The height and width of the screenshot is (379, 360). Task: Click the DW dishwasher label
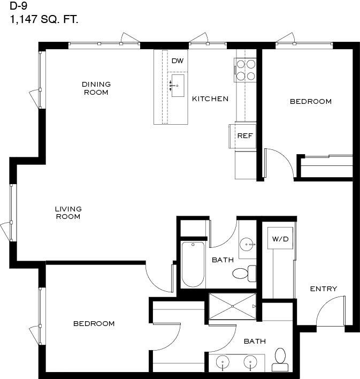click(178, 60)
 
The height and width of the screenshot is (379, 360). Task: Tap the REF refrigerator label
click(245, 136)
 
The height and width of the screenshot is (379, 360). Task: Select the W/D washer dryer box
click(280, 238)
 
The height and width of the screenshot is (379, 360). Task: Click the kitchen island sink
click(178, 86)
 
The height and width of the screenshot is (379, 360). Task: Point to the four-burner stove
click(245, 70)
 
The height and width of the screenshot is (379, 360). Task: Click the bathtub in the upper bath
click(193, 264)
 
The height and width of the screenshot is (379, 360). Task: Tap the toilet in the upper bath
click(244, 274)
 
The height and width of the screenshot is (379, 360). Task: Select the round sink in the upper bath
click(247, 244)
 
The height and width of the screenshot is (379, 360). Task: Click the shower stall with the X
click(232, 306)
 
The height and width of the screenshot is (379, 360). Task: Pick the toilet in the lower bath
click(280, 359)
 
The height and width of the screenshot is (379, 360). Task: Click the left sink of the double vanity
click(223, 362)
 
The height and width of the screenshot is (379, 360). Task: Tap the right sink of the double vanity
click(250, 362)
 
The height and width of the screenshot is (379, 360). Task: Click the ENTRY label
click(324, 289)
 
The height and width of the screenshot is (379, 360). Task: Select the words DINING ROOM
click(96, 88)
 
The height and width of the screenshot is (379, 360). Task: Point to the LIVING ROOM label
click(68, 213)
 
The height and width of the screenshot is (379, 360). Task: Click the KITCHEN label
click(210, 99)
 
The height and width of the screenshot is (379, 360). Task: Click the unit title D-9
click(18, 6)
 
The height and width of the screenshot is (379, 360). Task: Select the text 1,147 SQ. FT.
click(44, 19)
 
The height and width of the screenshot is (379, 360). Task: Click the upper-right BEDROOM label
click(311, 102)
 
